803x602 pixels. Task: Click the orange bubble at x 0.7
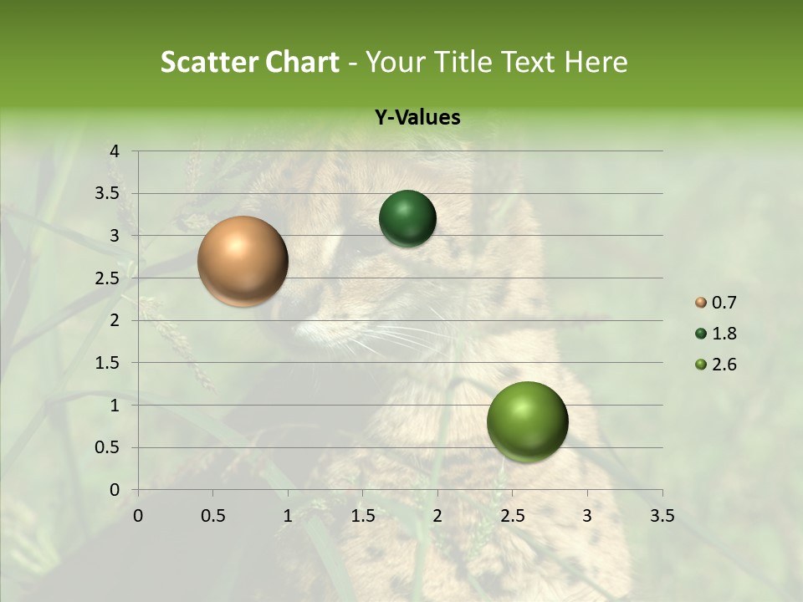[x=243, y=261]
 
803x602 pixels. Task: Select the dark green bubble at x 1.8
[x=407, y=218]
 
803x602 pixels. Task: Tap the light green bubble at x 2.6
[x=527, y=421]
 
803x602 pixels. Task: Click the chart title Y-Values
[x=417, y=118]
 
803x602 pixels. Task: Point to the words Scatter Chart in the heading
[x=249, y=62]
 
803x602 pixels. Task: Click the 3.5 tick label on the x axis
[x=662, y=516]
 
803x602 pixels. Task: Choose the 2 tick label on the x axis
[x=437, y=516]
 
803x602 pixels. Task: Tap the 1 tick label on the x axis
[x=288, y=516]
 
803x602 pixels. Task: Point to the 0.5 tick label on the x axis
[x=212, y=516]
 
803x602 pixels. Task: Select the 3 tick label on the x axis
[x=587, y=516]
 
